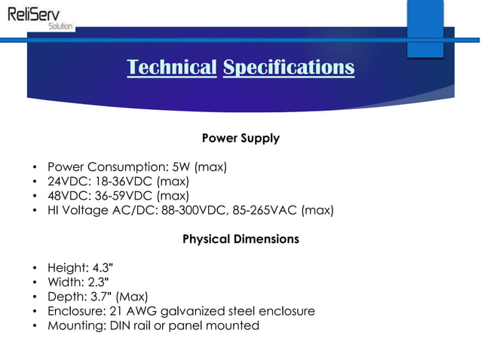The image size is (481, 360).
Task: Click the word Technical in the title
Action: click(172, 68)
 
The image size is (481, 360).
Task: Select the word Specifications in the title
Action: click(289, 68)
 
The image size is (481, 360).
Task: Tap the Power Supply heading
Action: click(240, 139)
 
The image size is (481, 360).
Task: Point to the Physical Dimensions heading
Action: click(240, 239)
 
